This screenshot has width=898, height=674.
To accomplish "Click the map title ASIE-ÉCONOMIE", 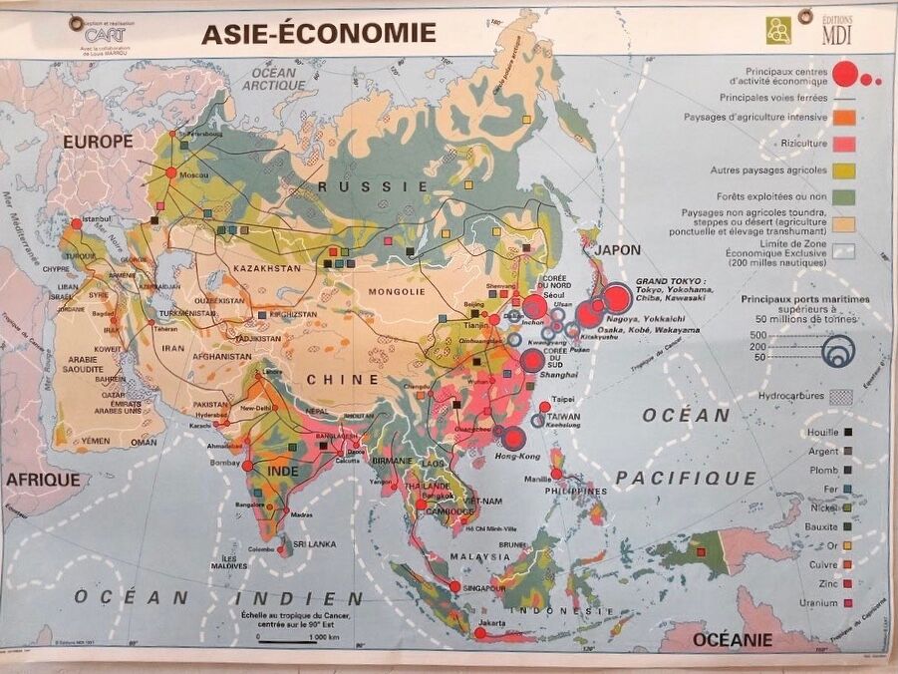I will (x=318, y=33).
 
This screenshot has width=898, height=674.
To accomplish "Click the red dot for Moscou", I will (x=171, y=172).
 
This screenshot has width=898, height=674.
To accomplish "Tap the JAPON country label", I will (x=617, y=250).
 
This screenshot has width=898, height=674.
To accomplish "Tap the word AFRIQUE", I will (x=43, y=480).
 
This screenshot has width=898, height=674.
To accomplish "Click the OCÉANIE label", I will (x=734, y=639).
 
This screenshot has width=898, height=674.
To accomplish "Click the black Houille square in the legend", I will (x=849, y=433).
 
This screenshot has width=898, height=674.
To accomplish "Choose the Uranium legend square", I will (x=849, y=603).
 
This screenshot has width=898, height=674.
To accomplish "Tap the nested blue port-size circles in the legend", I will (x=839, y=349).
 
